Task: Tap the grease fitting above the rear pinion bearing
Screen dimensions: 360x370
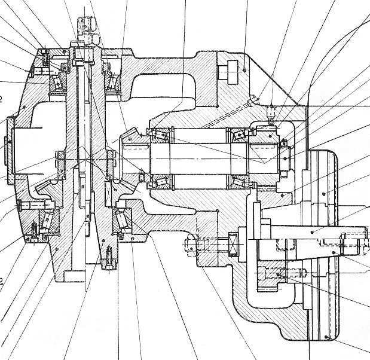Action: tap(271, 112)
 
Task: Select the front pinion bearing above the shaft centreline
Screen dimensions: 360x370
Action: tap(160, 135)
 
